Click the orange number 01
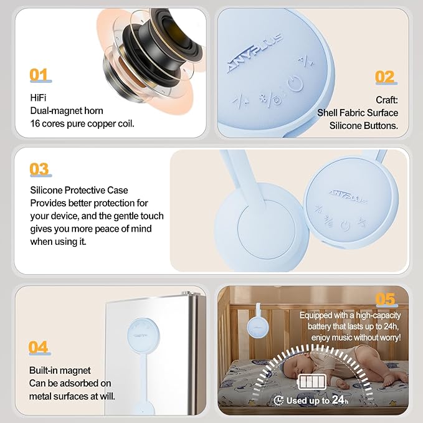click(39, 75)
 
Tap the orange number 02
click(385, 77)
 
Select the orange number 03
click(39, 169)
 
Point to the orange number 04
click(38, 347)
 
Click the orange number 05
click(385, 299)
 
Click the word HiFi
click(38, 98)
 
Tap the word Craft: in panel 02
click(387, 100)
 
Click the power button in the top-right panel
click(295, 83)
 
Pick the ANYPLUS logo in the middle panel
click(348, 196)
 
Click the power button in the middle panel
click(345, 226)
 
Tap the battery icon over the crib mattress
click(311, 382)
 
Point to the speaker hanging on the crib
click(258, 325)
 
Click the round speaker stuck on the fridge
click(143, 335)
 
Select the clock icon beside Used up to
click(278, 400)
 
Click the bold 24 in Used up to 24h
click(338, 399)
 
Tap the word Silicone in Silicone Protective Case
click(46, 190)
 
